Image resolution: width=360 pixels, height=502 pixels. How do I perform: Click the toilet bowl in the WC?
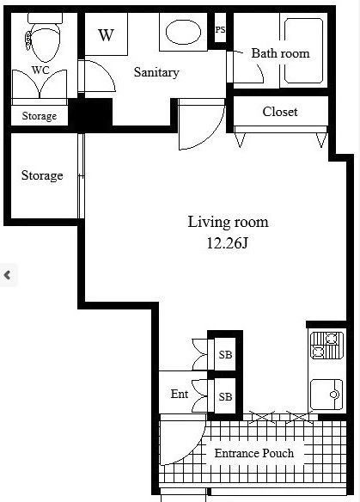[46, 43]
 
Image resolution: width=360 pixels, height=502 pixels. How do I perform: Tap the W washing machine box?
[106, 34]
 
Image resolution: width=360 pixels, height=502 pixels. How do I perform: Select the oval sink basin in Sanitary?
[183, 32]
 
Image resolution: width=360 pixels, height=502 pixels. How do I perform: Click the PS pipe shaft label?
[220, 30]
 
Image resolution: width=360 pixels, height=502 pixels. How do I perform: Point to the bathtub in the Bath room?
[303, 51]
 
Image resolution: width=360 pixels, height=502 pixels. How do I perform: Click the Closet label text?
[280, 112]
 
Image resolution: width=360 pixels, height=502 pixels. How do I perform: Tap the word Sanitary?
[156, 72]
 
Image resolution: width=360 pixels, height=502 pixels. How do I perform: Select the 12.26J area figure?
[228, 243]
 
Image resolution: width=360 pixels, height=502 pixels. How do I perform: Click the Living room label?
[228, 222]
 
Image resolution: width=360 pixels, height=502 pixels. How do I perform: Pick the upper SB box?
[225, 354]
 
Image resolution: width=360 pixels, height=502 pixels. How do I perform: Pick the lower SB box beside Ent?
[225, 396]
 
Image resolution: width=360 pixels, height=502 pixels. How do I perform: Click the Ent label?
[180, 394]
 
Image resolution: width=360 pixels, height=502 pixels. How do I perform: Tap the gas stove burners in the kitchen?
[327, 346]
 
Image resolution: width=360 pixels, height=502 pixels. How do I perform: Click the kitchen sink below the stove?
[326, 395]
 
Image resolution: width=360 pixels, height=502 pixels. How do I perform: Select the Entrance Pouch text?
[254, 453]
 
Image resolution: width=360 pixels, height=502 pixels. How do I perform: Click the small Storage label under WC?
[39, 116]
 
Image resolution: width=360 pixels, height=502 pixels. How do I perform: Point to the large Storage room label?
[42, 175]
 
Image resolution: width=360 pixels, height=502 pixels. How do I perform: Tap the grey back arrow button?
[8, 275]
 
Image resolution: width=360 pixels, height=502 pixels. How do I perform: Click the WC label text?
[40, 70]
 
